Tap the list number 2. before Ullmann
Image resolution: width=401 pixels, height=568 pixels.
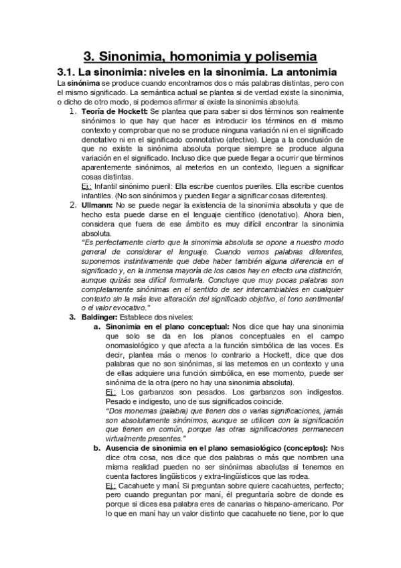(75, 204)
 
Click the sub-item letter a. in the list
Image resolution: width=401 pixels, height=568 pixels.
(97, 326)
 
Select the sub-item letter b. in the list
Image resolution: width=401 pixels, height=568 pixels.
(97, 447)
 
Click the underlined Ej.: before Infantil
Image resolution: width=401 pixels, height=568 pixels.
(86, 186)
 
